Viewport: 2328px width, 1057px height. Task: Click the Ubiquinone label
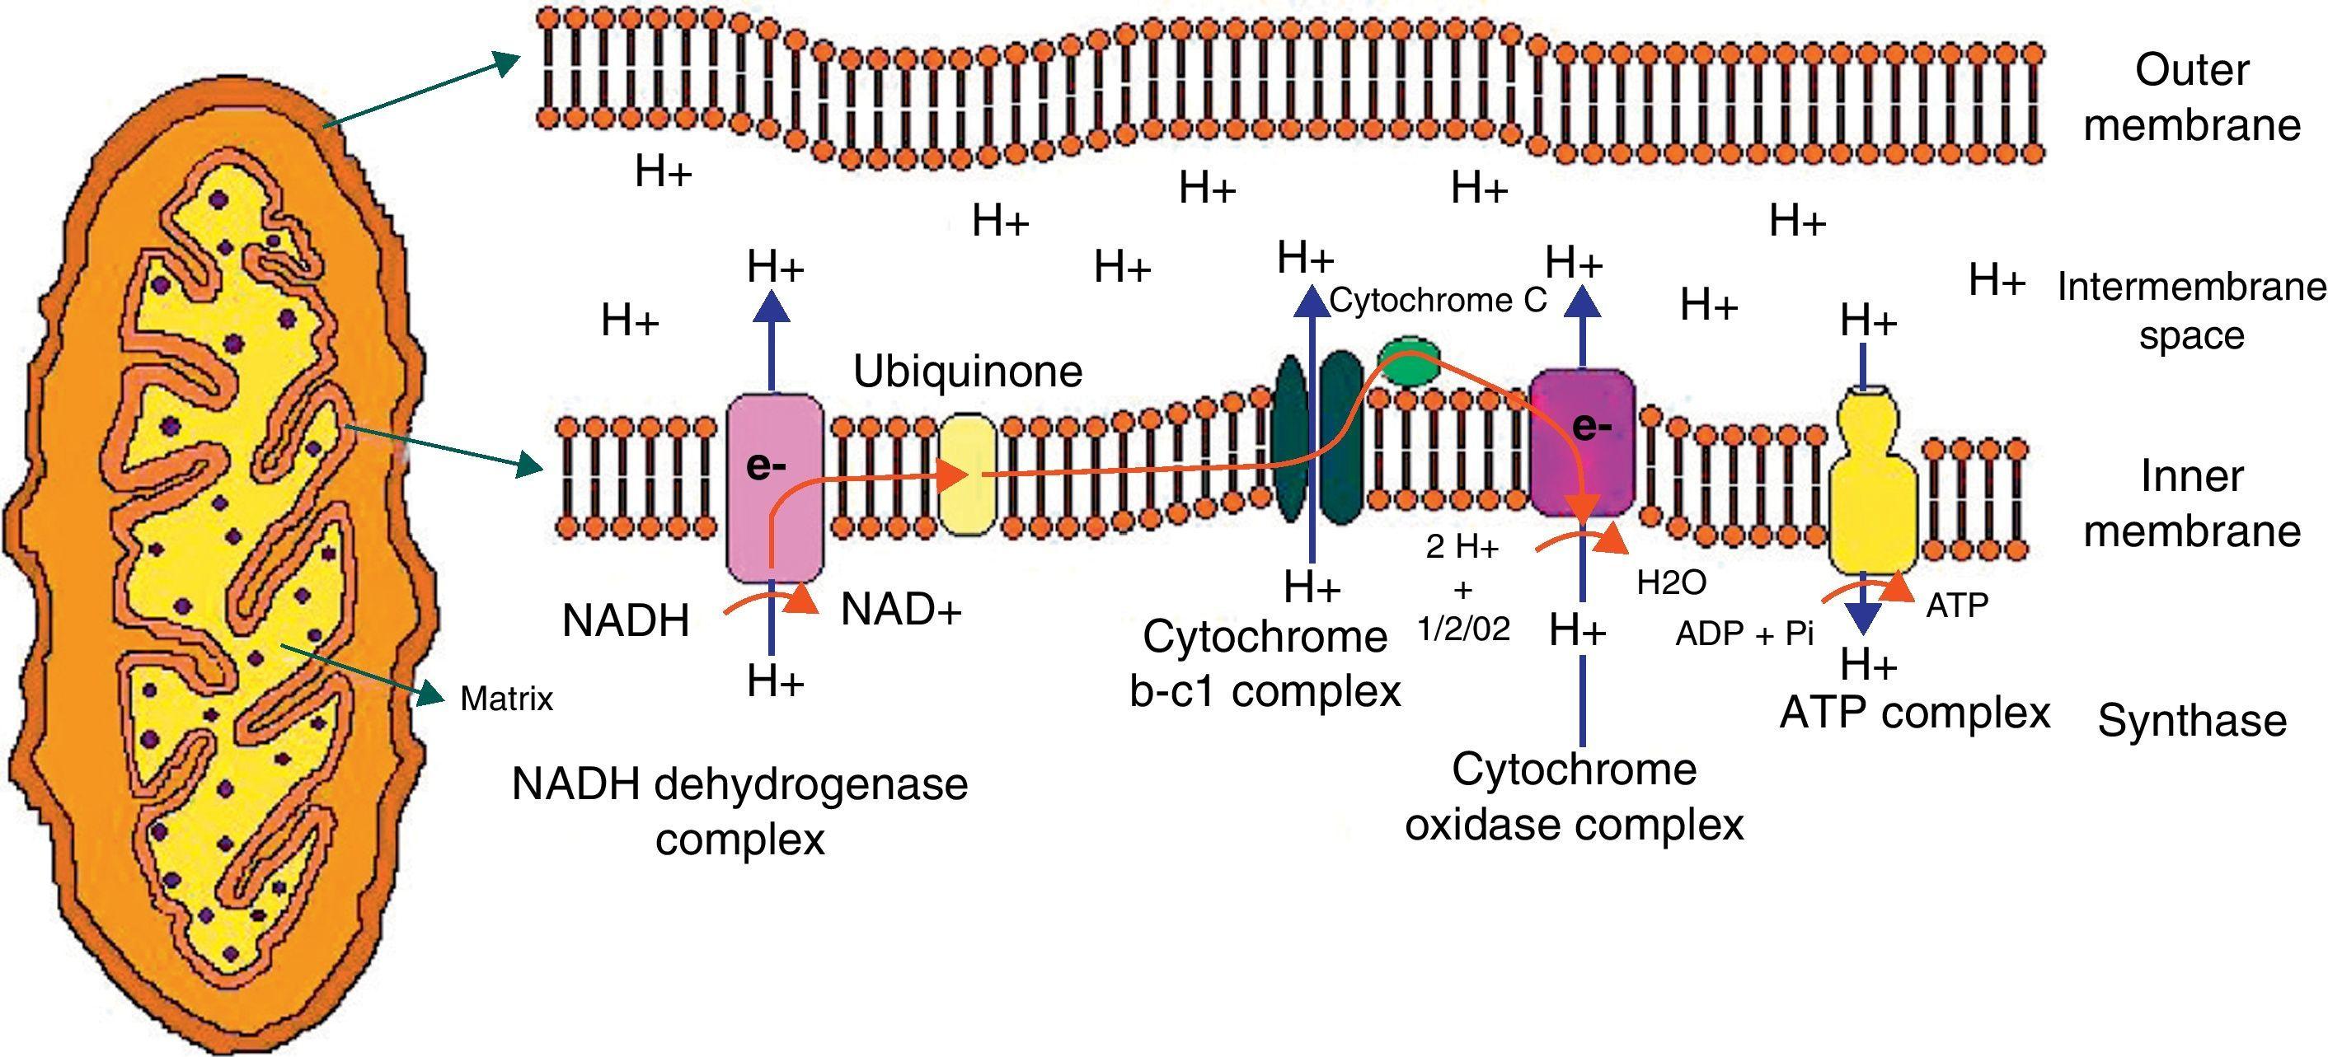point(967,372)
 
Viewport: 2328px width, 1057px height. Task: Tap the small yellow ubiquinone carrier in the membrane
point(967,475)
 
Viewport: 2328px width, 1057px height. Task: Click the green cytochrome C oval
point(1409,361)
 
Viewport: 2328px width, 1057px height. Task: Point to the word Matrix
point(506,699)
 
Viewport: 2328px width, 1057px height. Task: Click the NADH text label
point(626,621)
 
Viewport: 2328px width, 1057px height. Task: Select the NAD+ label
point(900,610)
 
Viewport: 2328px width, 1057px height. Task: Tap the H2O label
point(1672,582)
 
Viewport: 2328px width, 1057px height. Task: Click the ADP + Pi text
point(1744,634)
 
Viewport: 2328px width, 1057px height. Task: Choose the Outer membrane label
point(2190,97)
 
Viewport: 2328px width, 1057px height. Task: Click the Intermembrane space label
point(2190,311)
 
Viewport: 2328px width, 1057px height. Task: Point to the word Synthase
point(2191,721)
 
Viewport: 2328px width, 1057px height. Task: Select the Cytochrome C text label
point(1438,300)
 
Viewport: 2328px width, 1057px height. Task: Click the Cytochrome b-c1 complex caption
point(1265,664)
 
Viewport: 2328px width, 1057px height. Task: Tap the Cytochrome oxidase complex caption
point(1574,797)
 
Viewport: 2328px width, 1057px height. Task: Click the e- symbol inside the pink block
point(766,466)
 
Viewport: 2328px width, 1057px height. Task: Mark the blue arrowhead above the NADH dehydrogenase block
point(772,306)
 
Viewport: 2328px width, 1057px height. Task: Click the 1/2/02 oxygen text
point(1464,629)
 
